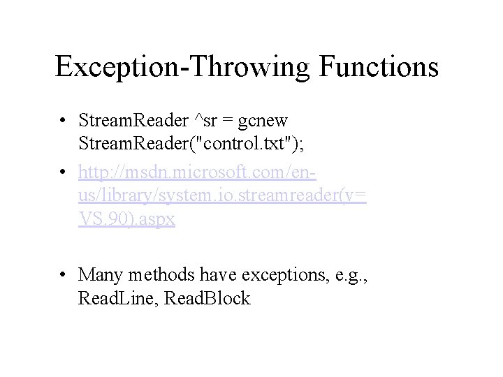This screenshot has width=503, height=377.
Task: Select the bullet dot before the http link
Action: (x=64, y=170)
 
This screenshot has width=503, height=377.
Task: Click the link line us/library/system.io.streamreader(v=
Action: (x=223, y=195)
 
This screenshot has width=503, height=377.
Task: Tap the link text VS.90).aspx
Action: (x=127, y=219)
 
